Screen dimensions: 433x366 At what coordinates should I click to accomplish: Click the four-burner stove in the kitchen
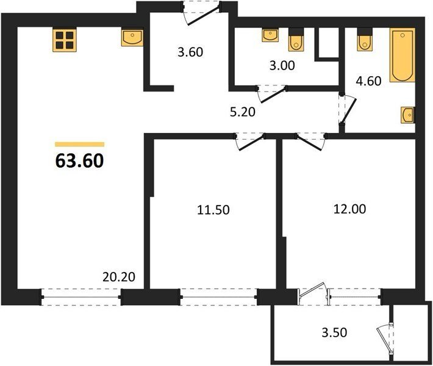(x=65, y=40)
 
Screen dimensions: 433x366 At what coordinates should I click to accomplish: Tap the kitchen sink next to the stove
(x=132, y=38)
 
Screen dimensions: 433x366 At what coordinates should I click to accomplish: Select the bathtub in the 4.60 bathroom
(x=403, y=55)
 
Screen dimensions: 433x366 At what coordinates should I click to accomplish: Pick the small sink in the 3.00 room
(x=270, y=35)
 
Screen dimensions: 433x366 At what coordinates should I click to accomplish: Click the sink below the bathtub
(x=408, y=115)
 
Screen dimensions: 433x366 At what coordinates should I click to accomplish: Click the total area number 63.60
(x=79, y=161)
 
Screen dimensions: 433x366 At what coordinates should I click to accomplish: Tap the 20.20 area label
(x=119, y=277)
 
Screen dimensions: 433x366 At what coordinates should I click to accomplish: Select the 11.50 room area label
(x=213, y=210)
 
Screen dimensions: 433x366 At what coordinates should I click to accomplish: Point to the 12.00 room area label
(x=350, y=209)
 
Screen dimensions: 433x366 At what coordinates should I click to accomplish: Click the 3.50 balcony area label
(x=334, y=332)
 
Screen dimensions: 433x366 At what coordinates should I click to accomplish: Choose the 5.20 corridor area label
(x=243, y=112)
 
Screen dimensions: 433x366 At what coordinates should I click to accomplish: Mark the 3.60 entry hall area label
(x=190, y=52)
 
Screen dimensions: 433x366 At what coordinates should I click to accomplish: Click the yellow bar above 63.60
(x=79, y=144)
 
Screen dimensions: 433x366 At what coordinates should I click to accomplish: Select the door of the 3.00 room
(x=272, y=94)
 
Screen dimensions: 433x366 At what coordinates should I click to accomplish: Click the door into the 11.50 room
(x=250, y=142)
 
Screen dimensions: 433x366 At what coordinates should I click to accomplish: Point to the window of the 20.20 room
(x=81, y=297)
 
